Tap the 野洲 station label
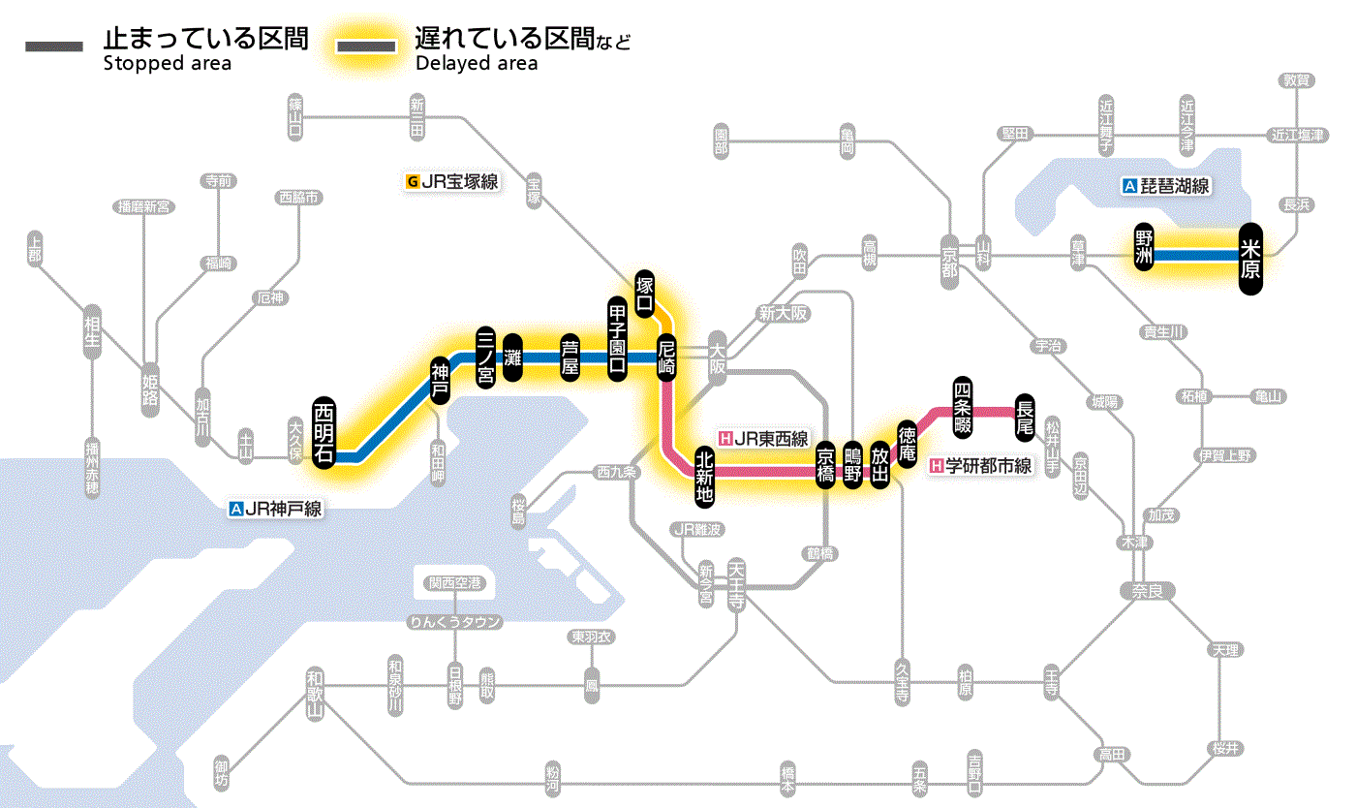1144,249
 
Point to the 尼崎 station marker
666,357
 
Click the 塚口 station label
645,294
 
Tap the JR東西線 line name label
763,438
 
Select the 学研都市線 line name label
981,466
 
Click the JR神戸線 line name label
275,508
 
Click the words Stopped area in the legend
168,64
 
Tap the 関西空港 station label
455,583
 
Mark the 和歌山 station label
315,694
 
